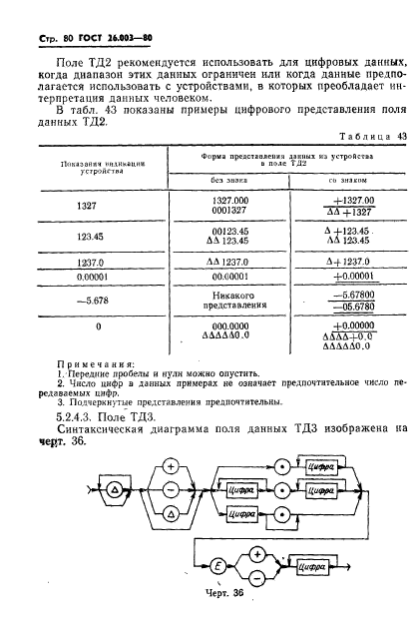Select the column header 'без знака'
231,180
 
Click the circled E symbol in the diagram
216,564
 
